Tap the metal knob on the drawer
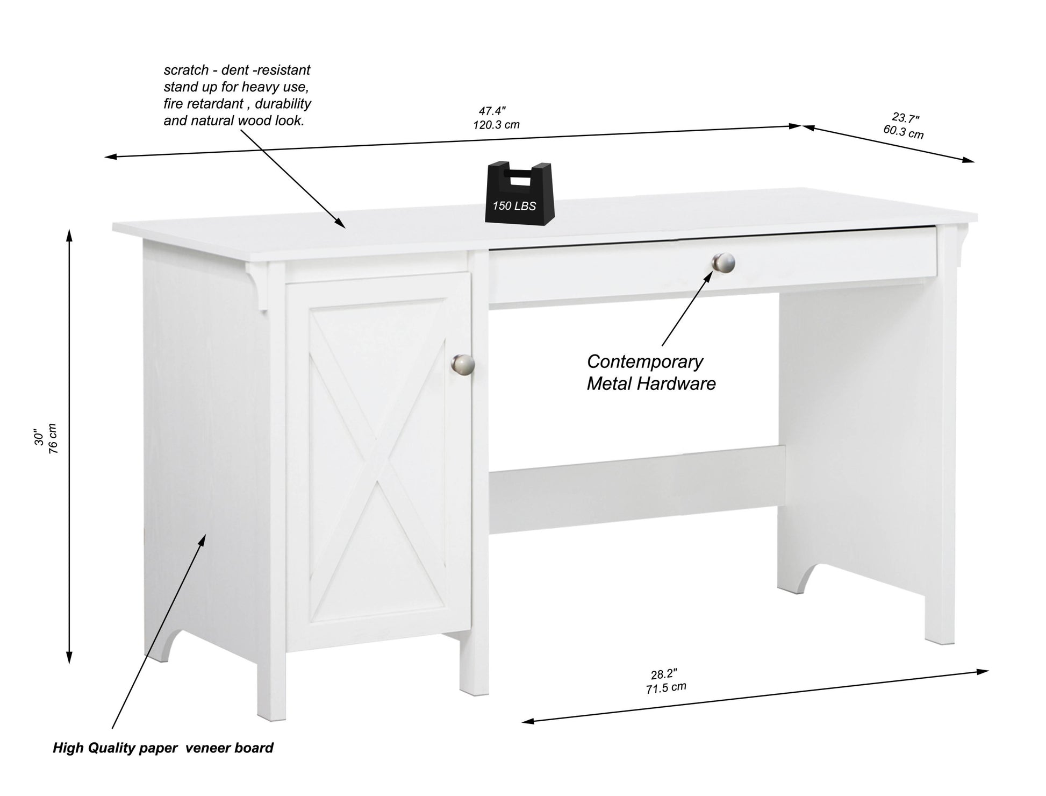click(723, 262)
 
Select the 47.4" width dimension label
click(492, 111)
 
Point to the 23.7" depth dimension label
click(906, 118)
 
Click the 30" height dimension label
click(39, 437)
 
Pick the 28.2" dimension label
click(664, 674)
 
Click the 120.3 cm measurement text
click(496, 125)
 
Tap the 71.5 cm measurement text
click(666, 688)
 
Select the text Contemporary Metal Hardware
click(650, 372)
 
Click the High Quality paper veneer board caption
click(163, 748)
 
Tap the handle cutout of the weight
click(519, 178)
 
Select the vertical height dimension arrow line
click(69, 446)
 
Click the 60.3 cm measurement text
click(903, 132)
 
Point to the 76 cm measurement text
click(53, 438)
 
